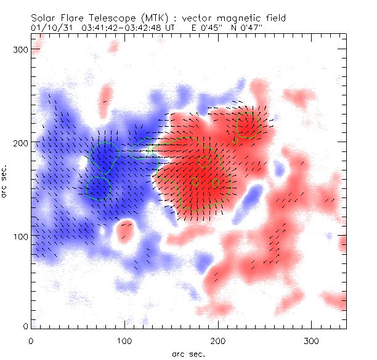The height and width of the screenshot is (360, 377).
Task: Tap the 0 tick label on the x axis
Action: [31, 340]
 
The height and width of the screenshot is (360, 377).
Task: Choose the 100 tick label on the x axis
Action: [124, 340]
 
